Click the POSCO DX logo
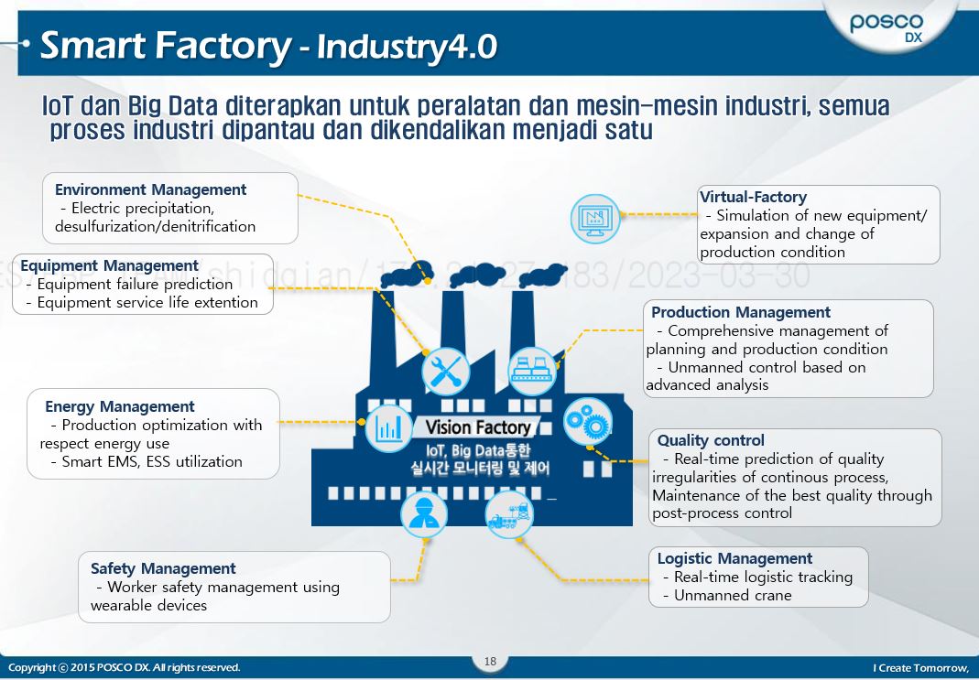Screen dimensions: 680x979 pos(887,27)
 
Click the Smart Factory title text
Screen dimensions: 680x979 pos(165,45)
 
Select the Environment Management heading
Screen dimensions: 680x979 pos(150,189)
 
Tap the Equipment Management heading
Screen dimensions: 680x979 pos(109,265)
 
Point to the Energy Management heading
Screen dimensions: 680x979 pos(119,406)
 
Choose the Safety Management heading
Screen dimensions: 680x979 pos(163,568)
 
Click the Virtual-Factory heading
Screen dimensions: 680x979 pos(753,197)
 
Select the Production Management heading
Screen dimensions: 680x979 pos(741,312)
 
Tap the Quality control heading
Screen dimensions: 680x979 pos(711,440)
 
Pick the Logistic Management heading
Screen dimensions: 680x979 pos(734,558)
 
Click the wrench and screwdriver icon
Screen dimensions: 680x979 pos(445,372)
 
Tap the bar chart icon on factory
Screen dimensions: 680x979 pos(388,427)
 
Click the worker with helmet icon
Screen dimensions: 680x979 pos(424,514)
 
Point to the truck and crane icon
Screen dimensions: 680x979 pos(509,514)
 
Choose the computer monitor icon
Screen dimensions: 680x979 pos(594,218)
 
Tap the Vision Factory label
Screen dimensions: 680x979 pos(477,427)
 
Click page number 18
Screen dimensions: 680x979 pos(490,662)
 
